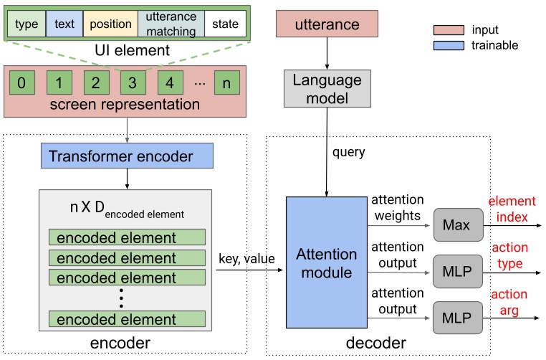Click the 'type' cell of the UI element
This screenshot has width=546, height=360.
[x=27, y=25]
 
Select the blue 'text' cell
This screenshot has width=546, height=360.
[x=64, y=25]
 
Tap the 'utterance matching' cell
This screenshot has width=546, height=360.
[x=166, y=25]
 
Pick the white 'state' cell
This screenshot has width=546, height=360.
[x=224, y=25]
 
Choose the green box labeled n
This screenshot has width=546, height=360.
[x=226, y=82]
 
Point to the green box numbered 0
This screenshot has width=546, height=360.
[x=22, y=82]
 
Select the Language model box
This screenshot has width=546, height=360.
[x=327, y=89]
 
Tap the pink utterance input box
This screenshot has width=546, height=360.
[x=327, y=25]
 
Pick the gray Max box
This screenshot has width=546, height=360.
[x=456, y=225]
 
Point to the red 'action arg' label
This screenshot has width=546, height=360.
[x=509, y=302]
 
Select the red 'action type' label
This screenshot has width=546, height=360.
[x=509, y=256]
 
